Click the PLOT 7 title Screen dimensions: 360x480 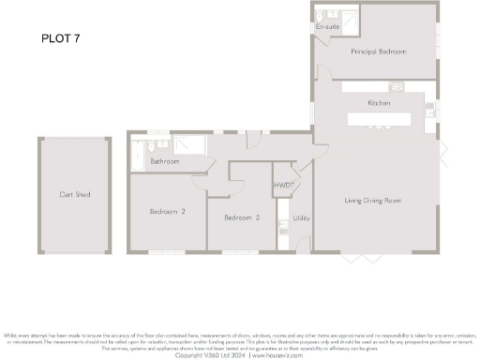(x=61, y=38)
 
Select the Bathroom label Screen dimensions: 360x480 (x=165, y=161)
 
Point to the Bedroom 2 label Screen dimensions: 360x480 (x=167, y=212)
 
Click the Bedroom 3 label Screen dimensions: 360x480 (x=241, y=217)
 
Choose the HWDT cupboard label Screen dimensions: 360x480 (x=284, y=187)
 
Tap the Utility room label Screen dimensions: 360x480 (x=301, y=217)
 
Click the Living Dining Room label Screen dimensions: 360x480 (x=373, y=201)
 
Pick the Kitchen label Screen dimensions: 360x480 (x=379, y=102)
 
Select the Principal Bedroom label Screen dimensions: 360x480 (x=379, y=52)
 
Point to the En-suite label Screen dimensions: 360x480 (x=327, y=28)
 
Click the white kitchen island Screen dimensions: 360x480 (x=379, y=119)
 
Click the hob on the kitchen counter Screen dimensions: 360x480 (x=396, y=88)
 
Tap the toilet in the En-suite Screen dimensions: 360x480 (x=319, y=16)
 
